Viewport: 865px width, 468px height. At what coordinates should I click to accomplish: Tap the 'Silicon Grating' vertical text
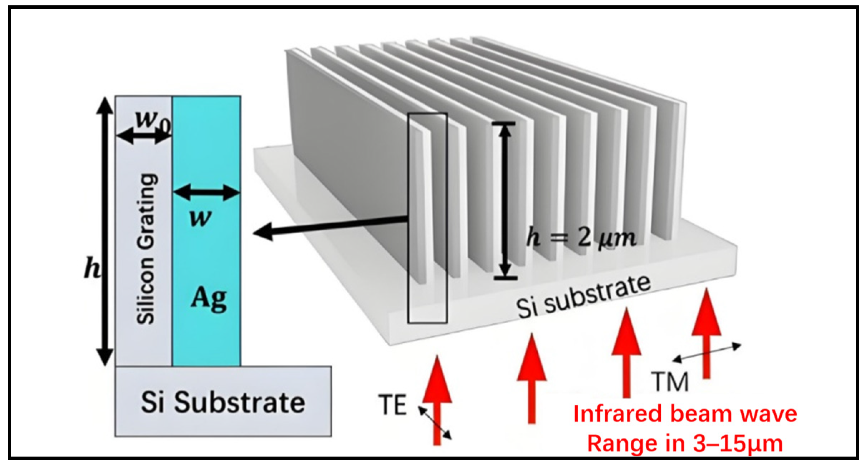(146, 249)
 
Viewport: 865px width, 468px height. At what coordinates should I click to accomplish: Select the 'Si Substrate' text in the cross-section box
(223, 403)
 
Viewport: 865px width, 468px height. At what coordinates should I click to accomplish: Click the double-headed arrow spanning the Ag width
(206, 193)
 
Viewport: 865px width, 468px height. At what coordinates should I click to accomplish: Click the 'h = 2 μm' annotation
(581, 237)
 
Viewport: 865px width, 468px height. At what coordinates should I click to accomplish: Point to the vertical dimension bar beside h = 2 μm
(504, 200)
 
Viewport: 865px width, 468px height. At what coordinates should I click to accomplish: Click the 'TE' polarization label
(392, 405)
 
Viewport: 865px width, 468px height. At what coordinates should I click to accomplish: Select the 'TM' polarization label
(669, 382)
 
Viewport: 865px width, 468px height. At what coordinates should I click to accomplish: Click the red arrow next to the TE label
(437, 400)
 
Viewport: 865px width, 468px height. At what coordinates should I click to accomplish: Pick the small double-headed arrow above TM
(707, 353)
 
